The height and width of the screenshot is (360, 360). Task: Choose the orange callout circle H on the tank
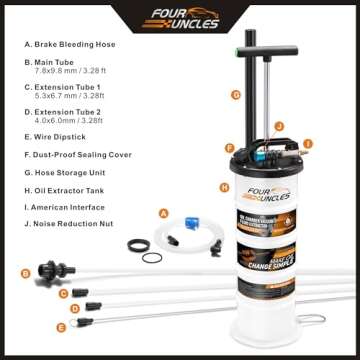(224, 186)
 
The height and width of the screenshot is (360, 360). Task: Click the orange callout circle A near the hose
(163, 212)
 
